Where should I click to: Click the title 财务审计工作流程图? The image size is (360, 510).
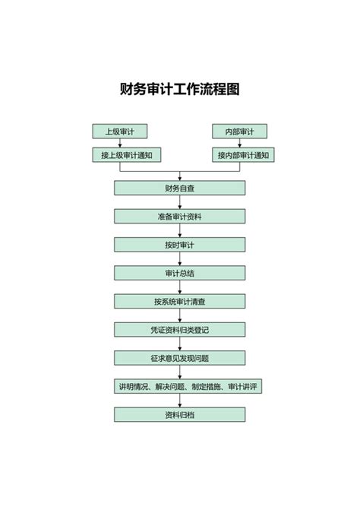pyautogui.click(x=180, y=89)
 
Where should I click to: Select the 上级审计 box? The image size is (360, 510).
pyautogui.click(x=119, y=131)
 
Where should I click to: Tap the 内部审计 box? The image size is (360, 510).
pyautogui.click(x=239, y=131)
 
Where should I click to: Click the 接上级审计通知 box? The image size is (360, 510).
pyautogui.click(x=127, y=155)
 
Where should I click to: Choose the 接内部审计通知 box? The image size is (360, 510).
pyautogui.click(x=243, y=155)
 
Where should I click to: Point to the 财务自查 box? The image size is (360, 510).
pyautogui.click(x=180, y=188)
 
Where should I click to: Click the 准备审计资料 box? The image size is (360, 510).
pyautogui.click(x=180, y=217)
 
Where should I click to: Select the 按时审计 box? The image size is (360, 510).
pyautogui.click(x=180, y=245)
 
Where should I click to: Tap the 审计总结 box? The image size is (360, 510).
pyautogui.click(x=180, y=273)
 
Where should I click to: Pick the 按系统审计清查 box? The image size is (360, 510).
pyautogui.click(x=180, y=302)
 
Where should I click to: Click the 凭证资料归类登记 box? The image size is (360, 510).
pyautogui.click(x=180, y=330)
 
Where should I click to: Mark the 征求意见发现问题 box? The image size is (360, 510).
pyautogui.click(x=180, y=358)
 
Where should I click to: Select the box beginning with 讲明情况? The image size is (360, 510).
pyautogui.click(x=188, y=386)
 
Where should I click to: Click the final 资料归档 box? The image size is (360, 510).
pyautogui.click(x=180, y=415)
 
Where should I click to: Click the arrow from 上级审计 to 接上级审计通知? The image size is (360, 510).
pyautogui.click(x=120, y=143)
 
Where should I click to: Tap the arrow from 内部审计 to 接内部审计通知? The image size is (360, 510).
pyautogui.click(x=240, y=143)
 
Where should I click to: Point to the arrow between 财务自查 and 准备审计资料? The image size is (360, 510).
pyautogui.click(x=180, y=202)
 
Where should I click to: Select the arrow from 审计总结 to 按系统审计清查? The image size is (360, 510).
pyautogui.click(x=180, y=287)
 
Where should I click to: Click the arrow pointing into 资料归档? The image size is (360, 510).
pyautogui.click(x=180, y=401)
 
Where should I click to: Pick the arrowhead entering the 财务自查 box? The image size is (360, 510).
pyautogui.click(x=180, y=179)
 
